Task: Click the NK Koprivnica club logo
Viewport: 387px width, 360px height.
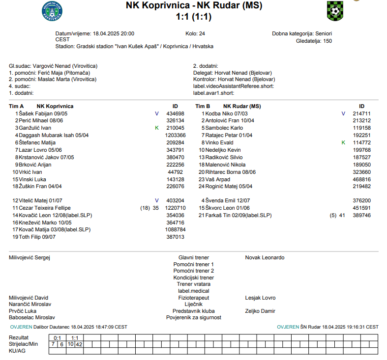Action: (52, 11)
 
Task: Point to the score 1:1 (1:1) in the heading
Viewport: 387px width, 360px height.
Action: (194, 17)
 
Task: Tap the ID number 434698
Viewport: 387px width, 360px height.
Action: (175, 113)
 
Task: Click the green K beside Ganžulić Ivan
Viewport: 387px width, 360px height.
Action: (156, 128)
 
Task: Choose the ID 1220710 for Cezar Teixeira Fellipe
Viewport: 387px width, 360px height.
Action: (175, 208)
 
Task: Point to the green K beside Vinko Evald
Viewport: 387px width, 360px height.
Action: (343, 142)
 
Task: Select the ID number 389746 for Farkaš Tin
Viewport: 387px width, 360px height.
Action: (362, 215)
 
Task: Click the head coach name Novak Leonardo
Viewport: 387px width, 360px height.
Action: (265, 257)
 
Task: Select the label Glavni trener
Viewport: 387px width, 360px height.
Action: (194, 257)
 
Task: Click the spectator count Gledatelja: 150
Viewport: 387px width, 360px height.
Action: (314, 41)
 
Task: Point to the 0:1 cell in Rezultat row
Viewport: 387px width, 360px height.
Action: (57, 338)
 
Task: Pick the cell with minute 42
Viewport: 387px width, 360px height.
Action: (79, 344)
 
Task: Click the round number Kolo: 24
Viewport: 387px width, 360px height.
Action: (195, 34)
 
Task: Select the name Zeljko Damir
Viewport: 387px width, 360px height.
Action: (260, 311)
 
